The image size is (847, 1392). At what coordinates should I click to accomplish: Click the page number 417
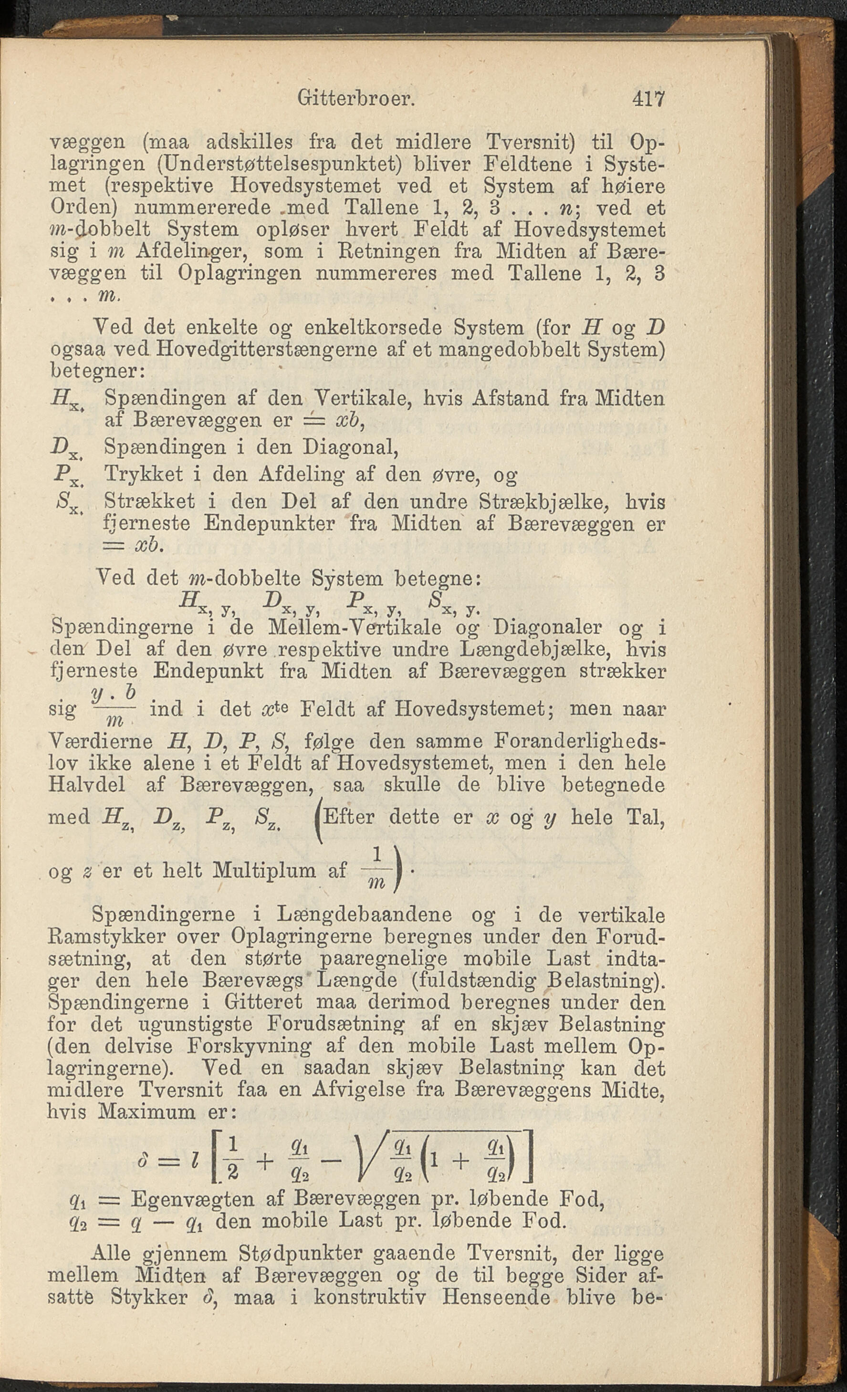click(x=648, y=99)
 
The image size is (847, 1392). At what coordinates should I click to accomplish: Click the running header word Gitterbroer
click(x=356, y=99)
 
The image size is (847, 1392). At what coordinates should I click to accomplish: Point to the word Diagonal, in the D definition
click(x=351, y=447)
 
